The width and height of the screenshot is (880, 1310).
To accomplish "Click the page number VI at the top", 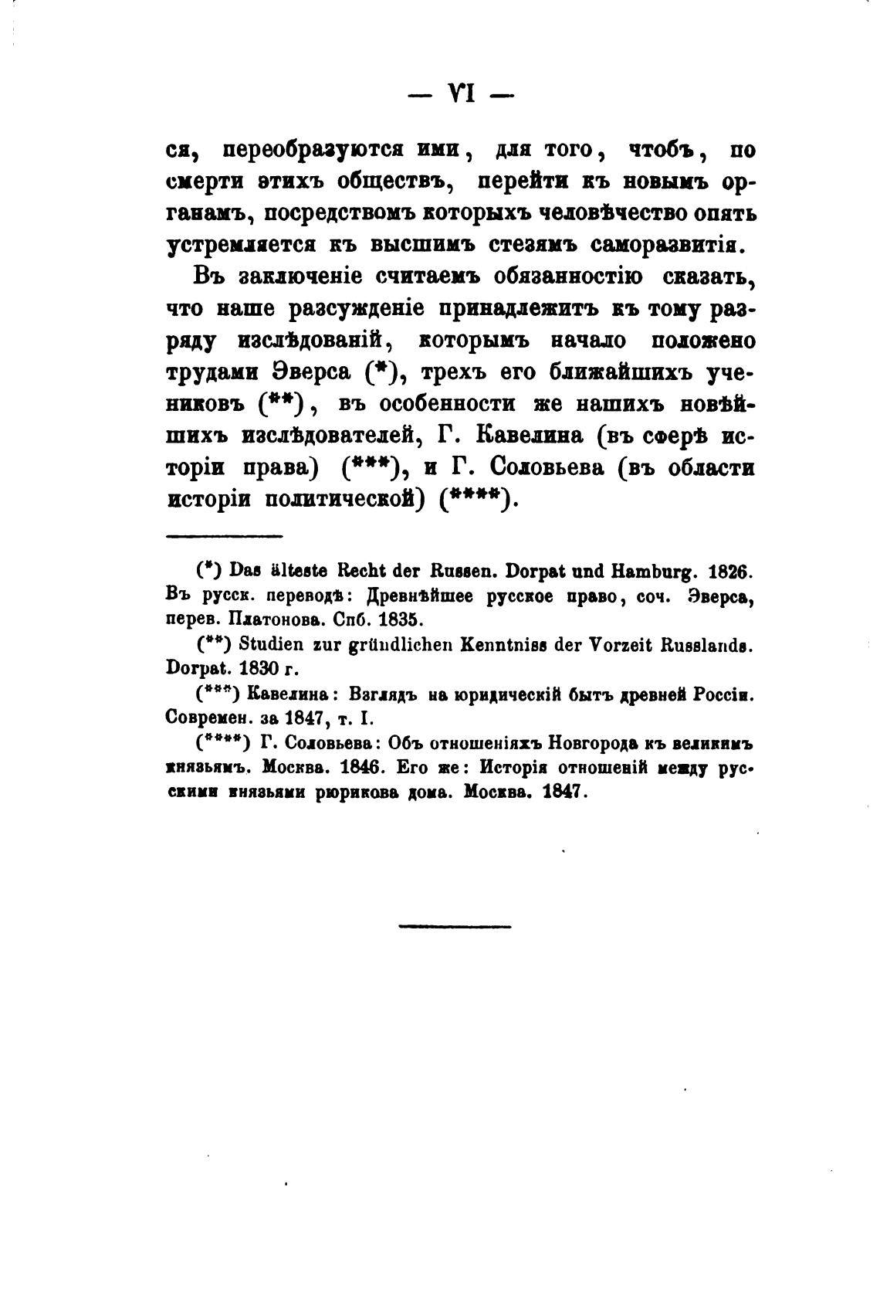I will click(x=460, y=95).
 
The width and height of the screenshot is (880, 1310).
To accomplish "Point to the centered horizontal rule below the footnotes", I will click(x=455, y=925).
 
